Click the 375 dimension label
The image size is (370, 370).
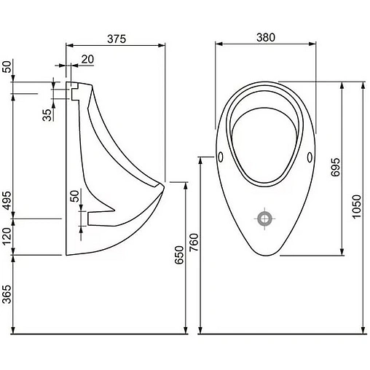click(x=117, y=39)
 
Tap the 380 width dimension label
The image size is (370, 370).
click(x=266, y=37)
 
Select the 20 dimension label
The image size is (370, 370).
click(x=87, y=59)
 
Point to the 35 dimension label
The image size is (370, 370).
click(x=47, y=115)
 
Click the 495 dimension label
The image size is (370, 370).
click(x=7, y=200)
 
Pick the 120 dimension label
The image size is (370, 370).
click(x=7, y=237)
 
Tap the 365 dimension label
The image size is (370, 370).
click(x=7, y=294)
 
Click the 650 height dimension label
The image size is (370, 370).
click(x=179, y=255)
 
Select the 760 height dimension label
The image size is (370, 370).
click(x=194, y=243)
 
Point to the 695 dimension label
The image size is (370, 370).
click(x=336, y=167)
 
